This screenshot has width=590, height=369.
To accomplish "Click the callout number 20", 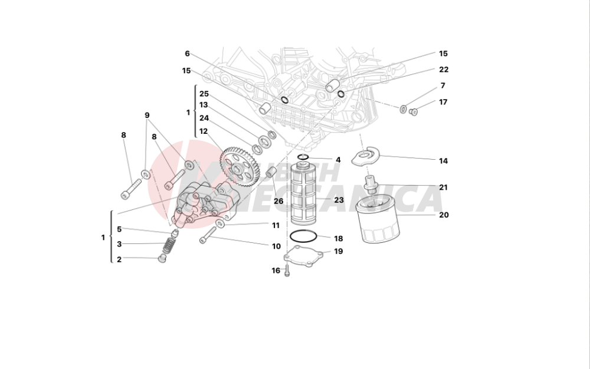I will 444,215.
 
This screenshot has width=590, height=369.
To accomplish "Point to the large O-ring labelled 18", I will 303,238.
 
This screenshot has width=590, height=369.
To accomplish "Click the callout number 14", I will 444,160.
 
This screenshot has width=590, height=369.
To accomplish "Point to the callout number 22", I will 444,70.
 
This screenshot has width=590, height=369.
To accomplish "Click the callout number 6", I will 187,54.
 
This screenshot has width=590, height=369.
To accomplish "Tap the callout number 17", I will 443,102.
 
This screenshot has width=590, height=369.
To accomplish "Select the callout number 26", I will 278,201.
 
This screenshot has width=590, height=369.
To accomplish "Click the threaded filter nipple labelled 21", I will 371,185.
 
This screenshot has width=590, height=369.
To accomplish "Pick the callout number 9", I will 147,116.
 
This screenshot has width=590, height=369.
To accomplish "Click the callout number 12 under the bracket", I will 204,131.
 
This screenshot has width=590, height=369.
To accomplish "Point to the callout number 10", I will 276,246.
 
